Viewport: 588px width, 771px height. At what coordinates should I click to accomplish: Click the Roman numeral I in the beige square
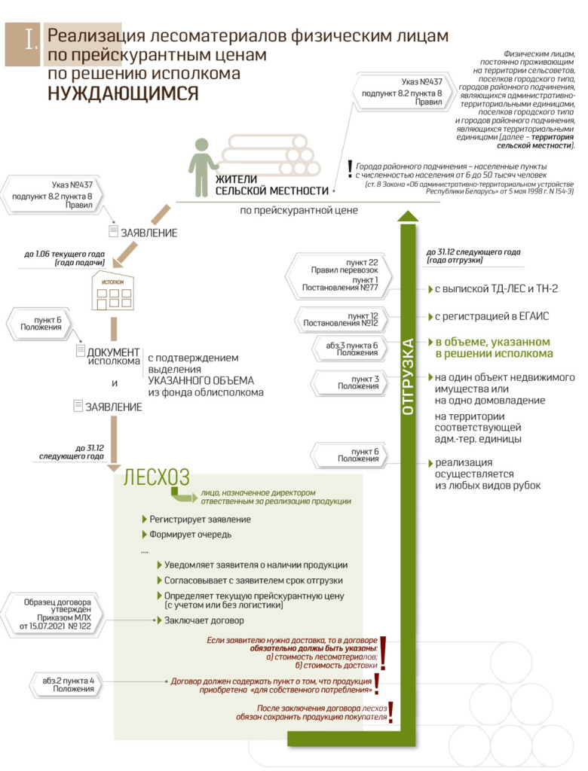click(x=30, y=40)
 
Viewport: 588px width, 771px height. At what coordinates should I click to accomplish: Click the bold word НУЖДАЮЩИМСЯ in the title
click(x=124, y=93)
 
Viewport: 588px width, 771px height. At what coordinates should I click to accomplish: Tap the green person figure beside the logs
click(x=201, y=167)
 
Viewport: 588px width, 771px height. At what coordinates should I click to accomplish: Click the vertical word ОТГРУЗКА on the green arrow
click(x=408, y=376)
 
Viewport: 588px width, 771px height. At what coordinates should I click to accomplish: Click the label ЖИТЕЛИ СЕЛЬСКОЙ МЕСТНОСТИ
click(x=272, y=185)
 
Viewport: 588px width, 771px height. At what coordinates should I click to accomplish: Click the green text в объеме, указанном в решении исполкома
click(x=493, y=347)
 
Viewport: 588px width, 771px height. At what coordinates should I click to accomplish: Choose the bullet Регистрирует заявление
click(x=200, y=520)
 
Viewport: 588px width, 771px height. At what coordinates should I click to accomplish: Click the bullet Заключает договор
click(x=204, y=620)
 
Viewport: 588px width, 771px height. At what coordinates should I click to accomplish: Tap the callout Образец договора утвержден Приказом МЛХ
click(x=57, y=614)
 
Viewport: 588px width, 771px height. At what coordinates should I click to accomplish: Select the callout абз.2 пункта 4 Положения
click(x=69, y=684)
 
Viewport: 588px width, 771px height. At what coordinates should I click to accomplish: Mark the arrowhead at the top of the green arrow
click(x=408, y=216)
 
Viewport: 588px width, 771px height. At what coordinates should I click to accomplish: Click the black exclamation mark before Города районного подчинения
click(x=349, y=169)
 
